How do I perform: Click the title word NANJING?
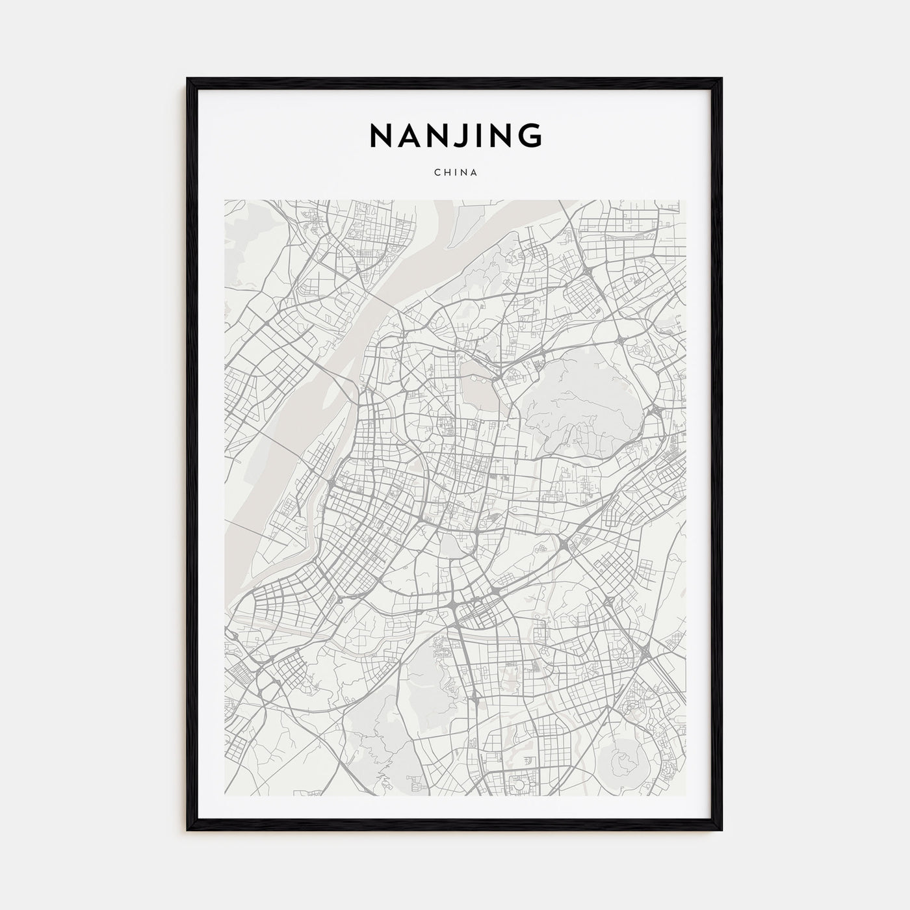point(455,136)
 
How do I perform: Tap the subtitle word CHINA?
point(455,173)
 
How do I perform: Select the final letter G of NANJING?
point(529,136)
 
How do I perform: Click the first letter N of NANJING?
point(380,136)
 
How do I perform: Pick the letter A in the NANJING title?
point(408,136)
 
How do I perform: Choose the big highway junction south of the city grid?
point(455,604)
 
